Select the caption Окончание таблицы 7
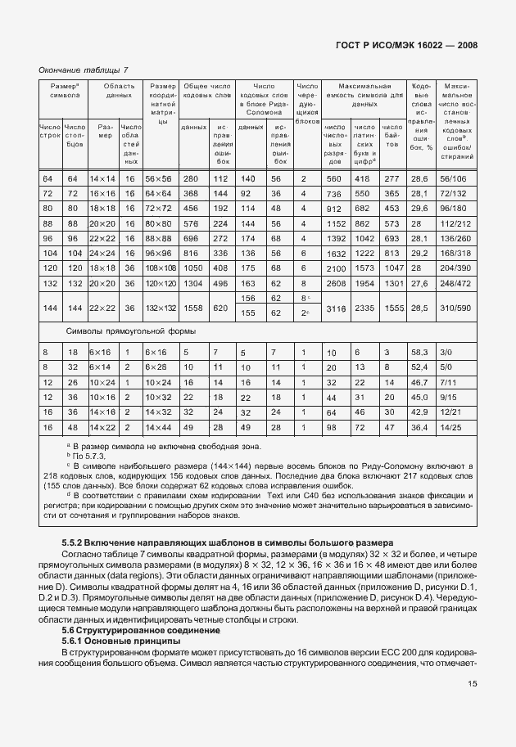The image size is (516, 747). [x=83, y=70]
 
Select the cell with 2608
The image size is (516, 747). [x=337, y=282]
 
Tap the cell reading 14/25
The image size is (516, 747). [x=452, y=427]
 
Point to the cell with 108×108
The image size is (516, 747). [x=161, y=268]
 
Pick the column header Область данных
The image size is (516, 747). [x=119, y=90]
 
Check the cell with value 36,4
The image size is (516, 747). [x=419, y=427]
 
